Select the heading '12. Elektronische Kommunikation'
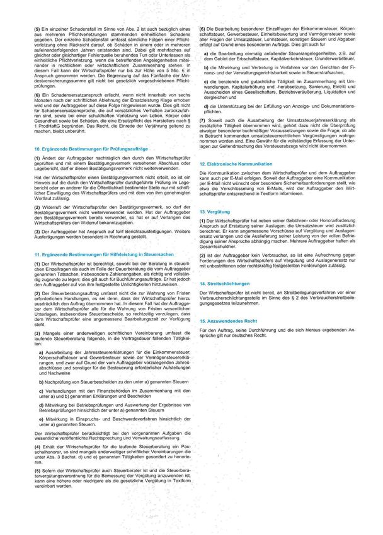coord(234,163)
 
